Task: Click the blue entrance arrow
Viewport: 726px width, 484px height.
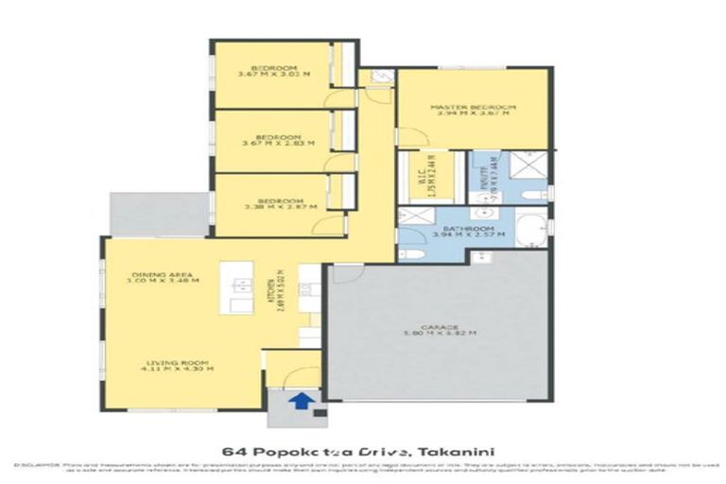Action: [301, 401]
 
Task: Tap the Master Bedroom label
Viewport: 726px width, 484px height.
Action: [473, 108]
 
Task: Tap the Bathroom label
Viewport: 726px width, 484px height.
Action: [463, 230]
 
